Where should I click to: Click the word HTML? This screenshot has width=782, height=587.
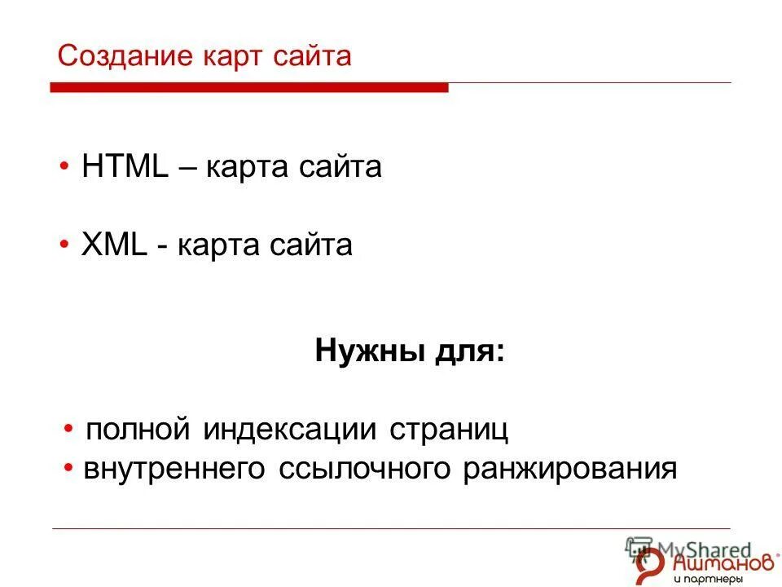point(125,167)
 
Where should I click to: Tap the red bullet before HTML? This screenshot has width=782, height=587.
point(64,168)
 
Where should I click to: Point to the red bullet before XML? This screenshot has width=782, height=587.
point(64,246)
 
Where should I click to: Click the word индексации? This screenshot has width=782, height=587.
point(290,430)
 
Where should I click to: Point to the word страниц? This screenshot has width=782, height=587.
point(449,430)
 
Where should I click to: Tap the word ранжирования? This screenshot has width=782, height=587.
point(570,470)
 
